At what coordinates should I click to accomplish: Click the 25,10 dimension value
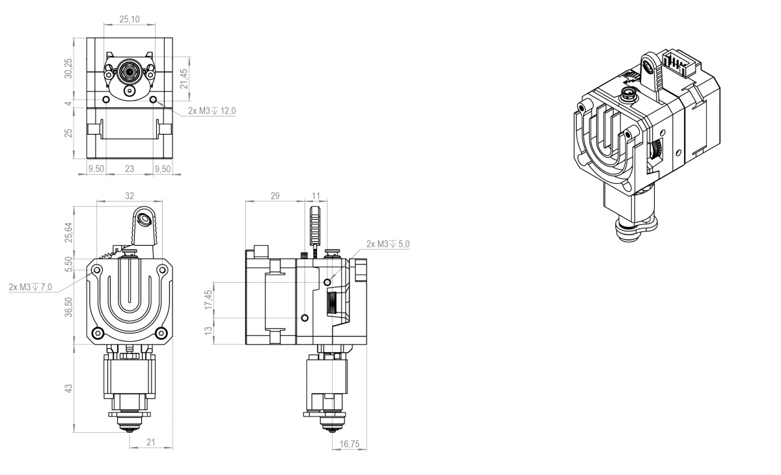[130, 19]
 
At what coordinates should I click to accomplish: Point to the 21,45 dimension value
[184, 79]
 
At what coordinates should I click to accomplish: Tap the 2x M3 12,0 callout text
[212, 111]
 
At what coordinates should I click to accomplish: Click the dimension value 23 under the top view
[129, 168]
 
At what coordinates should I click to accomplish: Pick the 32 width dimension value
[129, 195]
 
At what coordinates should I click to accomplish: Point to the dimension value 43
[69, 388]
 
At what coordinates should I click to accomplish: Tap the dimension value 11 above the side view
[316, 195]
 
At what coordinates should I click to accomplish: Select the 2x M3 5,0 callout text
[389, 244]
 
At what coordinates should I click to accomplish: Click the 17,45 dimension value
[208, 300]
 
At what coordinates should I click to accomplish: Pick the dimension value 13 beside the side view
[208, 331]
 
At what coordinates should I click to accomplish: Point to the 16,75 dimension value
[349, 444]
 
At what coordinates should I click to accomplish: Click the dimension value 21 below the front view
[150, 443]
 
